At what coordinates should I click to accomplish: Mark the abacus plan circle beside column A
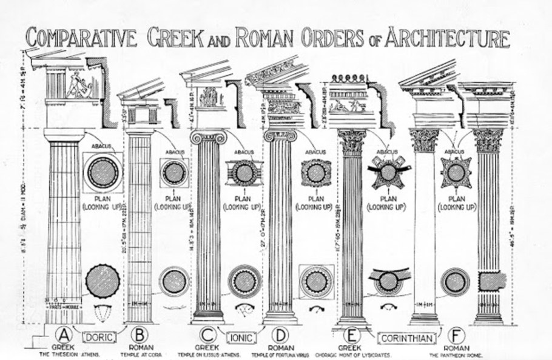(x=102, y=172)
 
